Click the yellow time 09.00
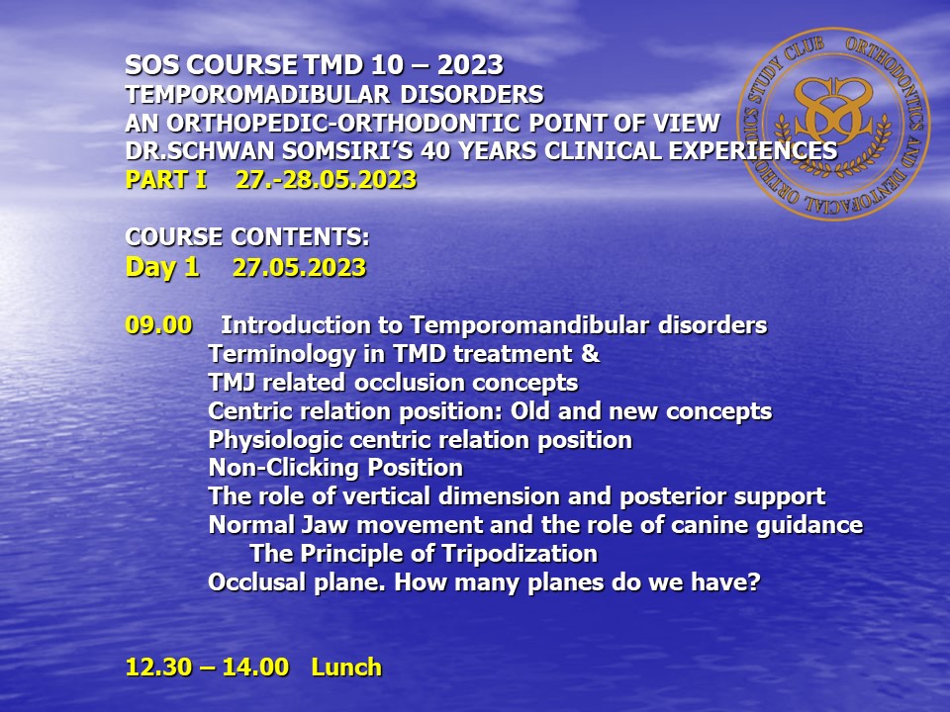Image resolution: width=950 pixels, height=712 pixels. click(x=158, y=325)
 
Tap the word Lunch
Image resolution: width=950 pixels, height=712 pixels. click(x=346, y=667)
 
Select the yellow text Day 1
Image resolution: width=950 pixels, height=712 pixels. click(x=162, y=268)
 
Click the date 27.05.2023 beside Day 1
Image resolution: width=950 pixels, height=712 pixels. click(x=300, y=268)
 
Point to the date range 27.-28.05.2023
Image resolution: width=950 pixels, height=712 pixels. click(x=326, y=180)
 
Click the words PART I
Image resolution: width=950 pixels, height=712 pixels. click(x=166, y=180)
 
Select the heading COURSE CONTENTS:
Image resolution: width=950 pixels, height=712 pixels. click(x=247, y=236)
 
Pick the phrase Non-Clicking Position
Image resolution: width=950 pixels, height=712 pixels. click(x=335, y=468)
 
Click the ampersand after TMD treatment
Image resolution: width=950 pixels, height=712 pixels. click(x=590, y=354)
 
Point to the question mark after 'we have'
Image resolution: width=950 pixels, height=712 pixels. click(x=754, y=582)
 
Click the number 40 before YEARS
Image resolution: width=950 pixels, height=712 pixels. click(x=436, y=151)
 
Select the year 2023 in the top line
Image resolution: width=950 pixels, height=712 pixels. click(x=470, y=65)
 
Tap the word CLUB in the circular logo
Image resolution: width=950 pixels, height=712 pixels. click(x=805, y=52)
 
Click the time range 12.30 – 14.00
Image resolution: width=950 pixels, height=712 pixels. click(x=207, y=667)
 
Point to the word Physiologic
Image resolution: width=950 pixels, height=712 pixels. click(x=276, y=440)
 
